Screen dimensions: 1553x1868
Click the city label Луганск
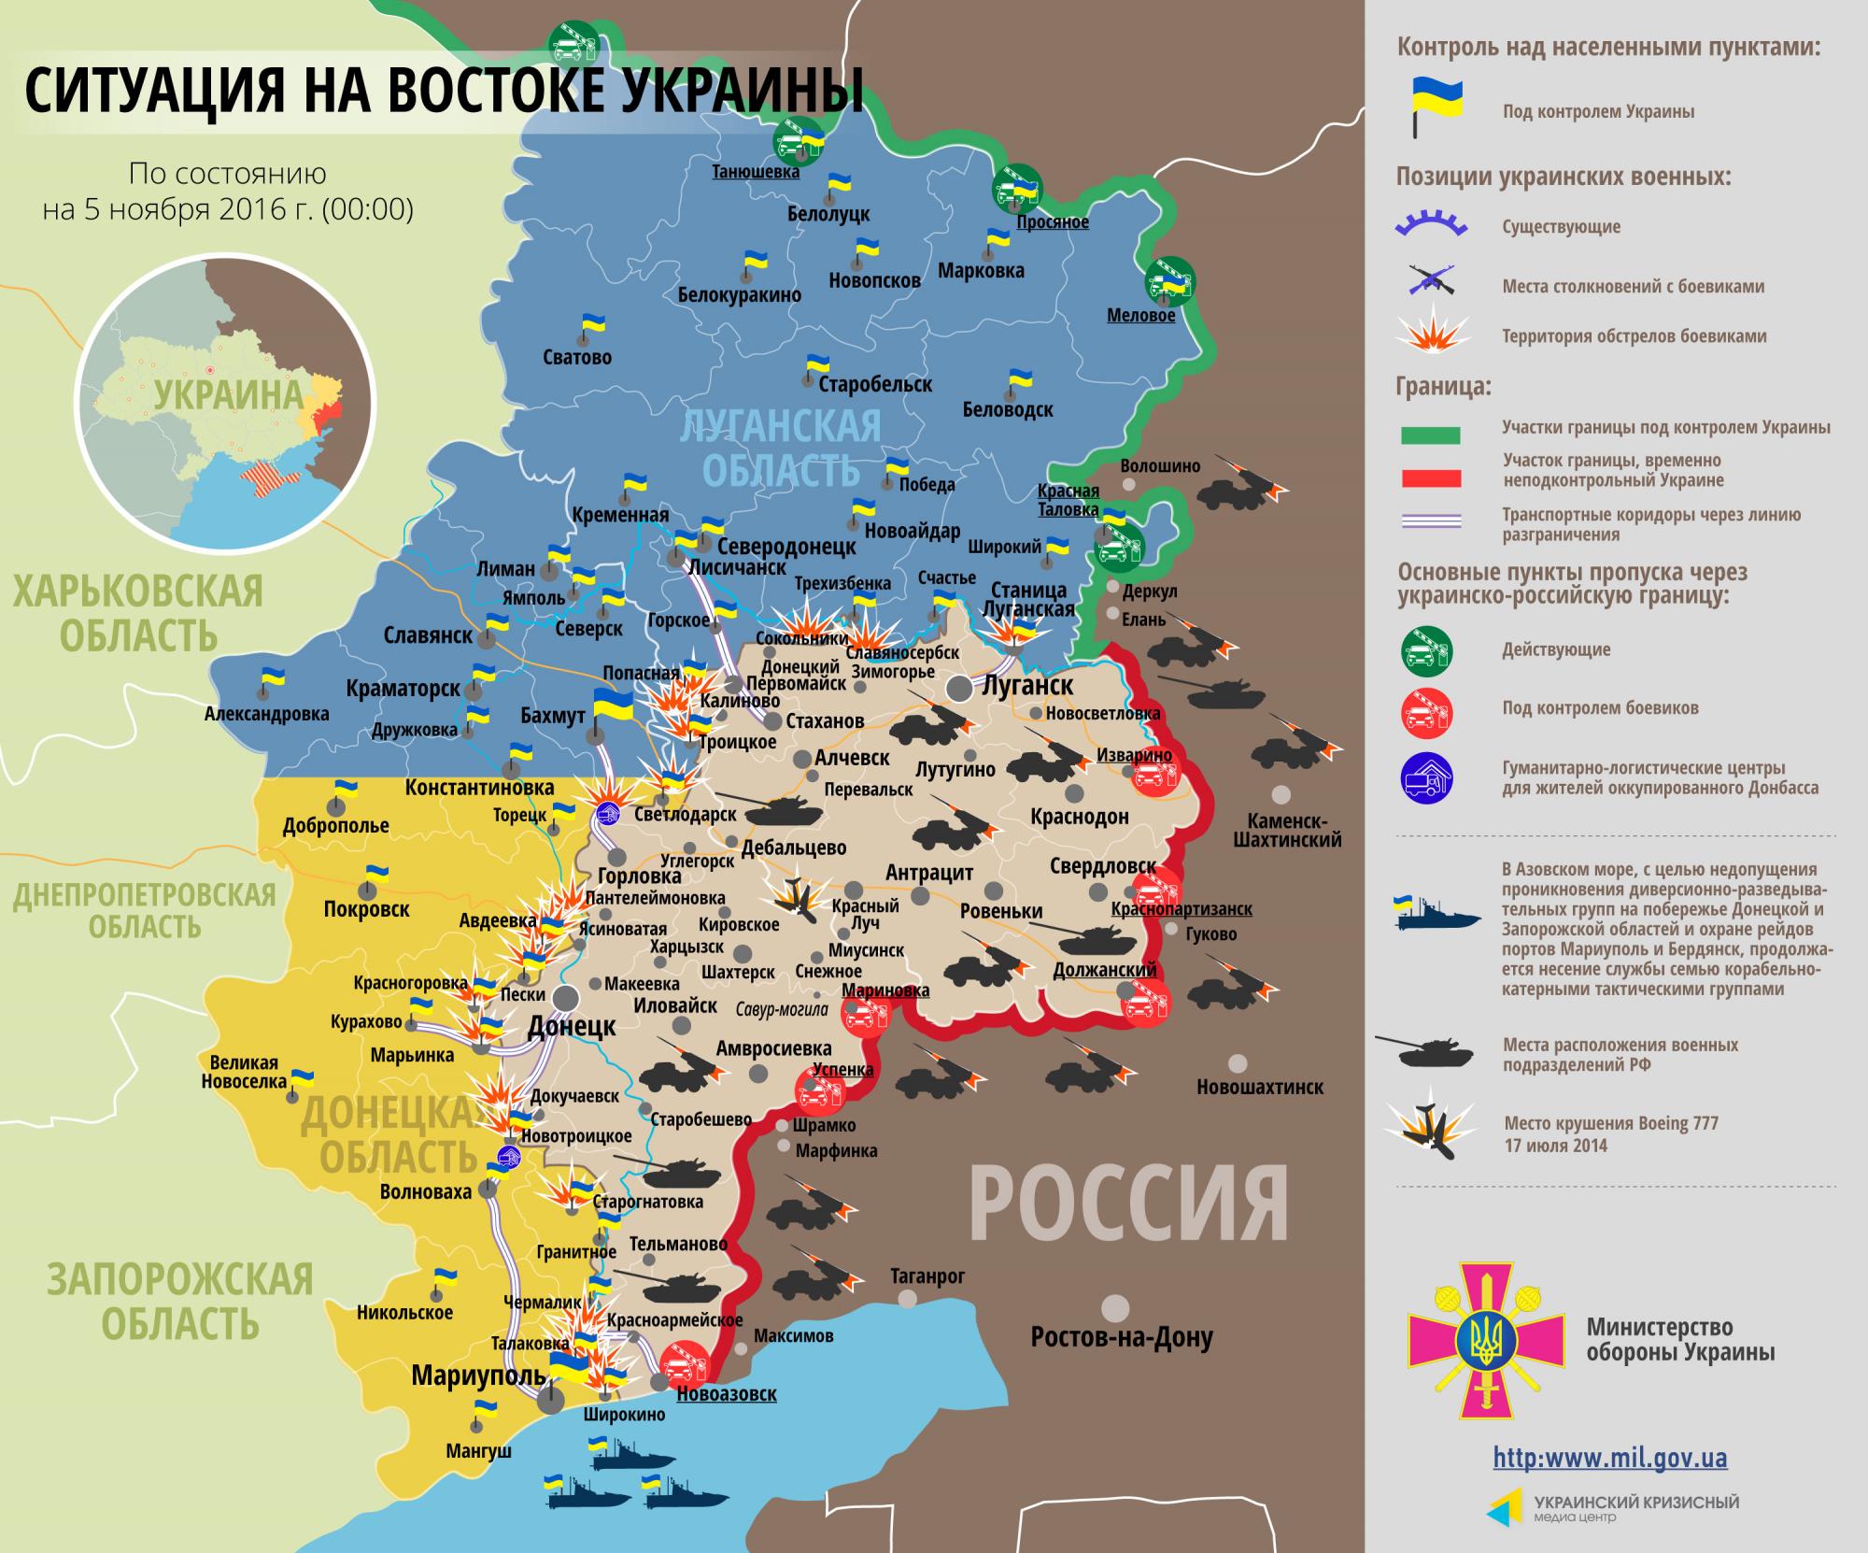[1026, 684]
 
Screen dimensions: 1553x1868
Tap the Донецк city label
[572, 1026]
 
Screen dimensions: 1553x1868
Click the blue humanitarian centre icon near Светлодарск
[608, 812]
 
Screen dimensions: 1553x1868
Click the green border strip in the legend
[1430, 435]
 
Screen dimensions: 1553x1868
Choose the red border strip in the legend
[1430, 478]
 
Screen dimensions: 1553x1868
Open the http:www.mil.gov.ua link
[1609, 1458]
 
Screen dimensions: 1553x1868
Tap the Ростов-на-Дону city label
[1121, 1338]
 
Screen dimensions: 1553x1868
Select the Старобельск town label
[875, 383]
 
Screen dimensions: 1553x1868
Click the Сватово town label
[576, 357]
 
